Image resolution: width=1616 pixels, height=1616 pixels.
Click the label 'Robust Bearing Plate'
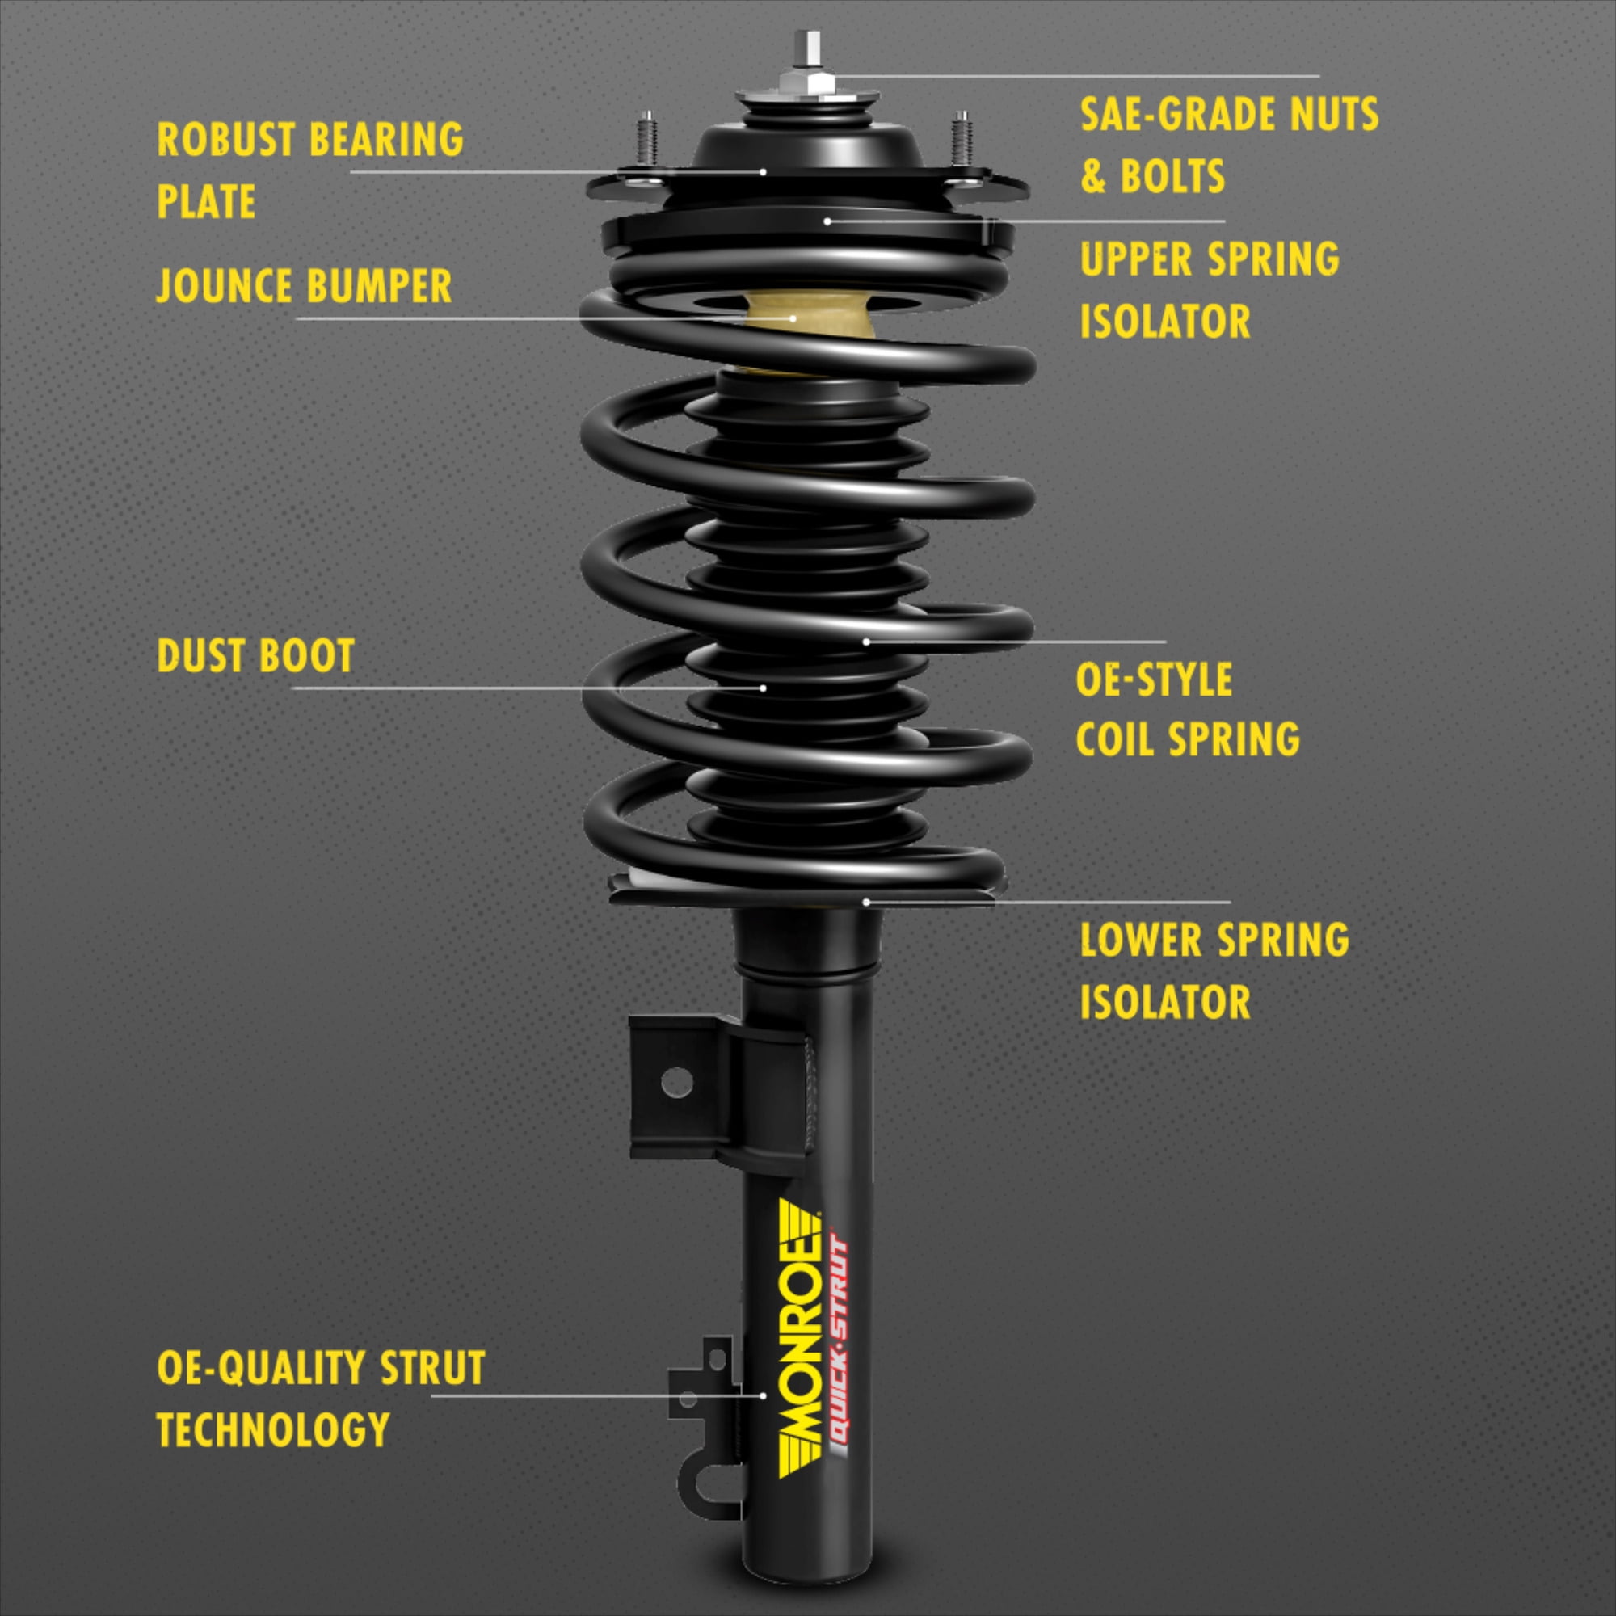(x=309, y=170)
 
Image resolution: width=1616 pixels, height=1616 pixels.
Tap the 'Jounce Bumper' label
(x=305, y=286)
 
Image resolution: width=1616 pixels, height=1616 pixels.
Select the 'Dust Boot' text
(x=256, y=656)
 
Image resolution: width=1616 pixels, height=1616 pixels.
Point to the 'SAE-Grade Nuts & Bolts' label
(x=1229, y=145)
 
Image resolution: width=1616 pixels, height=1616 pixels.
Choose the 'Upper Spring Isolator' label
(x=1209, y=289)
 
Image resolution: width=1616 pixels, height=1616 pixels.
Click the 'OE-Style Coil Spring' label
(x=1187, y=709)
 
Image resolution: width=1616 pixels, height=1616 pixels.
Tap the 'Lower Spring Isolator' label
(x=1214, y=970)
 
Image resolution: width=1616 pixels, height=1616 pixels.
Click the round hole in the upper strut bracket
(x=676, y=1084)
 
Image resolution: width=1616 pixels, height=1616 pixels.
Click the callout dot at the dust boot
(x=763, y=688)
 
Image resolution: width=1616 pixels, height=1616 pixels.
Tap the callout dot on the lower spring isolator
(x=866, y=902)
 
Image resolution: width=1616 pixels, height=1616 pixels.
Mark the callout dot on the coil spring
(x=866, y=642)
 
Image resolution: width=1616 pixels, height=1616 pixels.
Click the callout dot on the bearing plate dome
(x=763, y=171)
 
